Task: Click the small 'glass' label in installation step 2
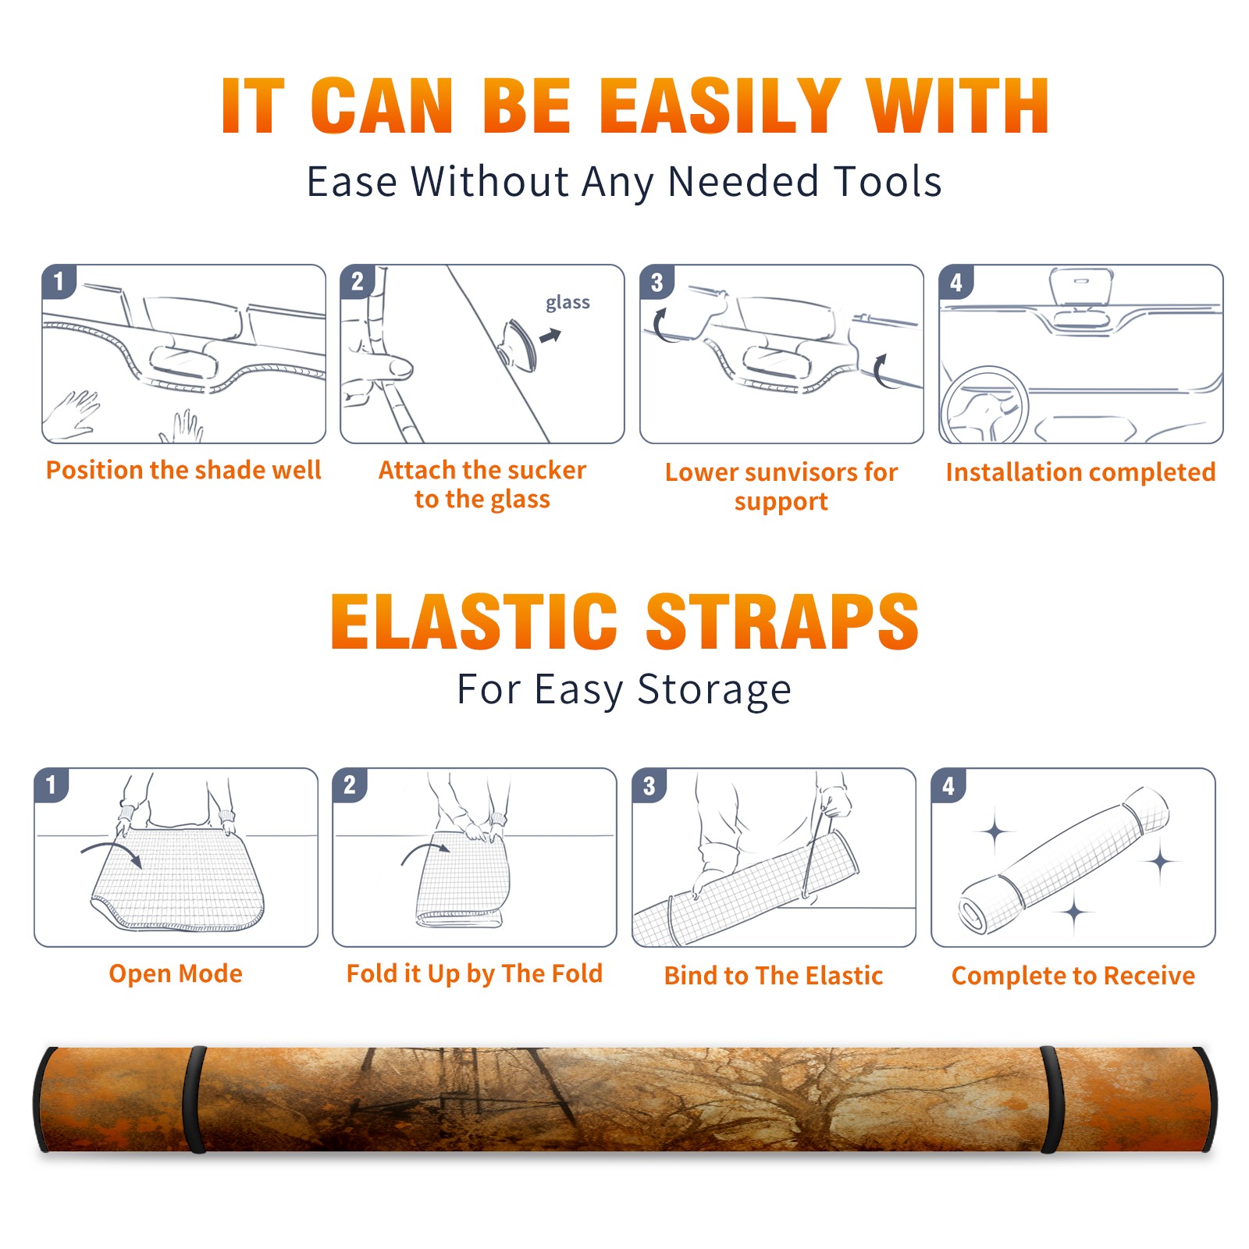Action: [x=568, y=303]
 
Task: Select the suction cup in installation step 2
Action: [x=520, y=343]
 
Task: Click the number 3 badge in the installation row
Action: [x=657, y=283]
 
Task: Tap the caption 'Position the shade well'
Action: [x=183, y=470]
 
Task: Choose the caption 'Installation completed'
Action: [x=1080, y=471]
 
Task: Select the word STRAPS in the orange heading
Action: [x=782, y=621]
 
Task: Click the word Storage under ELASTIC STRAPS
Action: [x=714, y=690]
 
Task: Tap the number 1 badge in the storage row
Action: [x=52, y=785]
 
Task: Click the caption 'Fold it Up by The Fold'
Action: [x=475, y=973]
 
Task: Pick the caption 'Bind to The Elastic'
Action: [x=774, y=975]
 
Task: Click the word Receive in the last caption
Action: [x=1149, y=975]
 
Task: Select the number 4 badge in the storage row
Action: [x=948, y=785]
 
